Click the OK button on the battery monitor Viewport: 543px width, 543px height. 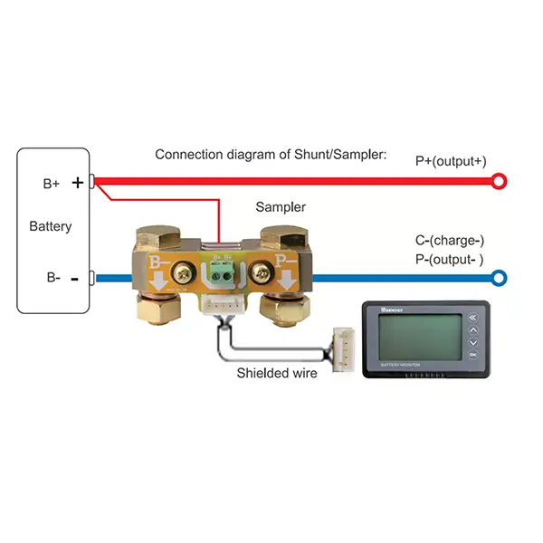click(473, 356)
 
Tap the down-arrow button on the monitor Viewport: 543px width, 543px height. click(473, 342)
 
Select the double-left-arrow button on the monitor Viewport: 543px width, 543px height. click(473, 317)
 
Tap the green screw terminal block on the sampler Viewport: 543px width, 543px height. click(222, 269)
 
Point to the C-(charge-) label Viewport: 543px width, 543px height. click(450, 241)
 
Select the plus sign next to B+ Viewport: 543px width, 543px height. click(77, 182)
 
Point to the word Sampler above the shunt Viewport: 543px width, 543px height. click(281, 207)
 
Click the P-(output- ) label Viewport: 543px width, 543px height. click(450, 260)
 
